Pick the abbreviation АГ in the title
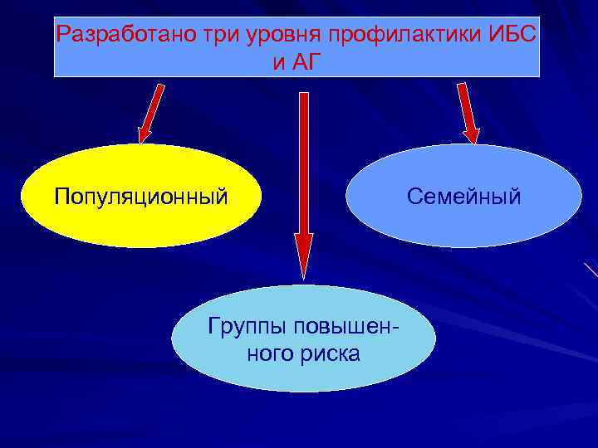(306, 62)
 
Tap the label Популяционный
(140, 197)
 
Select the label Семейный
(463, 197)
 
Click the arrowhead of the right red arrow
(472, 132)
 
